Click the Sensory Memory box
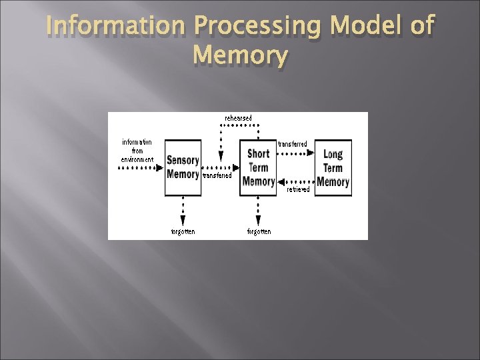183,168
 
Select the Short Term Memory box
258,168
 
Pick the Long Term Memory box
333,168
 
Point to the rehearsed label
238,118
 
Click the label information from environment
137,151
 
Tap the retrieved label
298,189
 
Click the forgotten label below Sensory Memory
183,231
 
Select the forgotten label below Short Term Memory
259,231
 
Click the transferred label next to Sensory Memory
217,176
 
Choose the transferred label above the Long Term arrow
293,144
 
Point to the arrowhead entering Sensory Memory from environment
160,168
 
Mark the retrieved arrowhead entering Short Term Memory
282,181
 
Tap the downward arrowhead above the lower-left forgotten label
183,221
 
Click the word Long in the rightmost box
333,155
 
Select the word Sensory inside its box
183,161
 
